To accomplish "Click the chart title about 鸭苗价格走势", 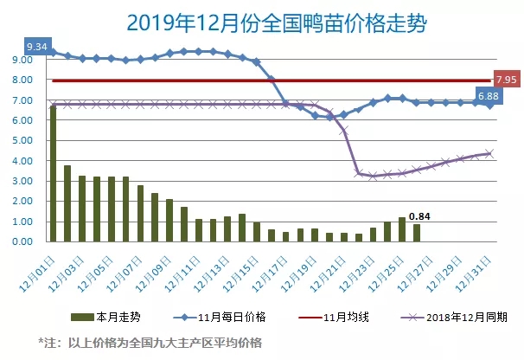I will click(x=262, y=21).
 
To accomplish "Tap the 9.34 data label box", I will click(x=37, y=44).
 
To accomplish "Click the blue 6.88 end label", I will click(x=488, y=94).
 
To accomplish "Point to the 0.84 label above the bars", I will click(x=420, y=215).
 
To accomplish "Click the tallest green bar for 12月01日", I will click(x=53, y=173).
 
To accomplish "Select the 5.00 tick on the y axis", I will click(x=22, y=140).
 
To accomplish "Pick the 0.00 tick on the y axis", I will click(x=22, y=241).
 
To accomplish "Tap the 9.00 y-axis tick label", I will click(x=22, y=60).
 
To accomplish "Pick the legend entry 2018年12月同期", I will click(x=459, y=318).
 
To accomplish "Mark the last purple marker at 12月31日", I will click(x=489, y=153).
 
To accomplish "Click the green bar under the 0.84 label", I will click(x=418, y=233).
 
